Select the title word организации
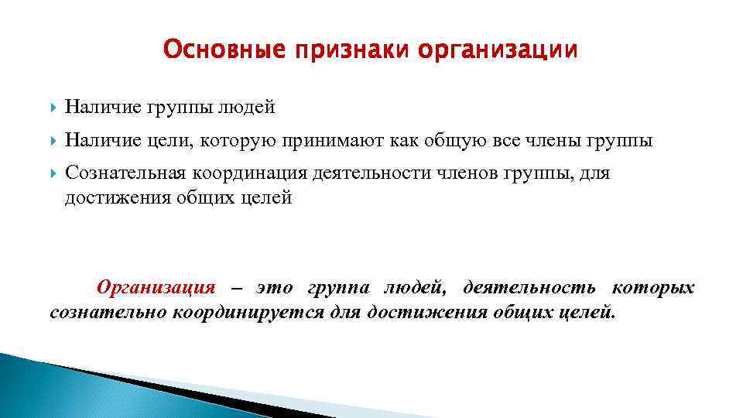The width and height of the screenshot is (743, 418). coord(498,50)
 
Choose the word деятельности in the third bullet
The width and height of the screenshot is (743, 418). coord(370,173)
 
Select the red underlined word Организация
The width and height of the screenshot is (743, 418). coord(155,288)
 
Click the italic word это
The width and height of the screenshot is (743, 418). coord(274,288)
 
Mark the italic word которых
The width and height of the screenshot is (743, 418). coord(653,288)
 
